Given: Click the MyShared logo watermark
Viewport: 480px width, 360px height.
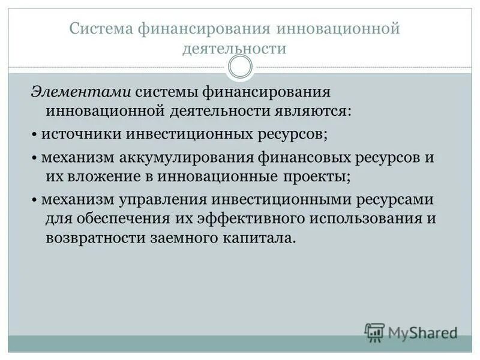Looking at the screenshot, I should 411,331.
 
